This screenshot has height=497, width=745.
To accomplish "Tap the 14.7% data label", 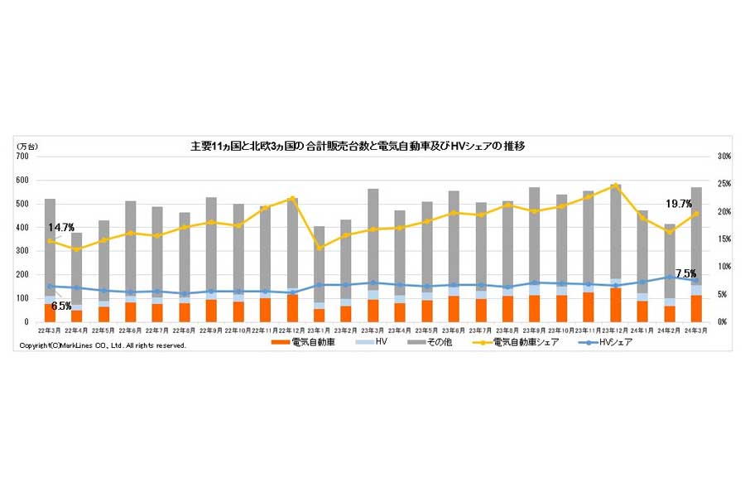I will [x=60, y=226].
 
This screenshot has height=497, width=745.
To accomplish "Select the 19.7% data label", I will [x=679, y=204].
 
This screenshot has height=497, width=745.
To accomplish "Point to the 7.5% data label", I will [x=685, y=273].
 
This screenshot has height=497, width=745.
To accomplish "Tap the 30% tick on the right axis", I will [x=723, y=157].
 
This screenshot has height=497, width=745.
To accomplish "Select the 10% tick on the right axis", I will [x=723, y=267].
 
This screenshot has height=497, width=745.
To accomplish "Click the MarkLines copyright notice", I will [x=103, y=345].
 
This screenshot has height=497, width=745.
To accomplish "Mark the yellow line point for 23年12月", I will [x=615, y=186].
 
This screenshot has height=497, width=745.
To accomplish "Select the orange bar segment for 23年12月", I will [x=615, y=305].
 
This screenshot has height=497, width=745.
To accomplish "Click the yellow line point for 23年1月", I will [x=320, y=248].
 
